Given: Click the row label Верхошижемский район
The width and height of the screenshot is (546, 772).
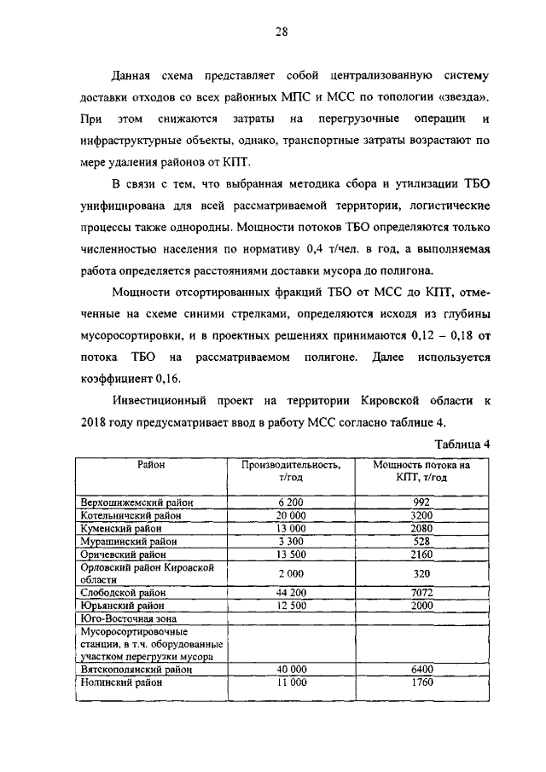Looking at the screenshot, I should [x=136, y=503].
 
